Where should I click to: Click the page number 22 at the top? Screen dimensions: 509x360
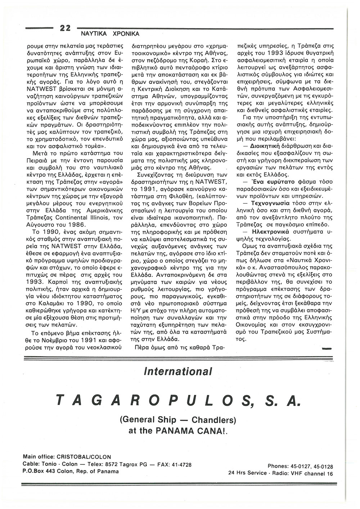[66, 28]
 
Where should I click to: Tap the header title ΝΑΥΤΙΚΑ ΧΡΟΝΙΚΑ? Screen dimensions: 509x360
[106, 34]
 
